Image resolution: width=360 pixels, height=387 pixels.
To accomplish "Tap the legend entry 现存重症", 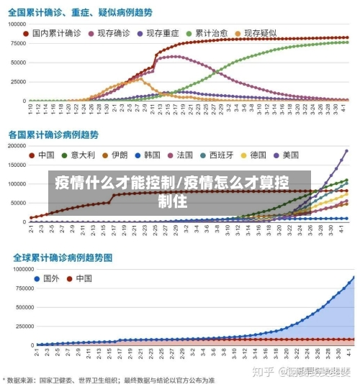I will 163,33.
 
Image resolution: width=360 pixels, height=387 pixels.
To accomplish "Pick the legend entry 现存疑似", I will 261,33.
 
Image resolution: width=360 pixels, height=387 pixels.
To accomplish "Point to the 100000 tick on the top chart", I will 16,24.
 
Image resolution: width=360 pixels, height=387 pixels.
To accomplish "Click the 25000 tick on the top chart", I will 18,81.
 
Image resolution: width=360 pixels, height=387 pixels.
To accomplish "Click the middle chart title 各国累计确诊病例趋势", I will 53,135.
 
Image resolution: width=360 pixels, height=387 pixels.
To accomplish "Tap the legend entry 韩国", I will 151,155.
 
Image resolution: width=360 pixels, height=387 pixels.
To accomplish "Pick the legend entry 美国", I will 290,155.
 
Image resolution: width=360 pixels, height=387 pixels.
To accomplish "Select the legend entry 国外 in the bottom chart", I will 50,278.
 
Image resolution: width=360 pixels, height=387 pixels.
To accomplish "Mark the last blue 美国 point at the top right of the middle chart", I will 346,151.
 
